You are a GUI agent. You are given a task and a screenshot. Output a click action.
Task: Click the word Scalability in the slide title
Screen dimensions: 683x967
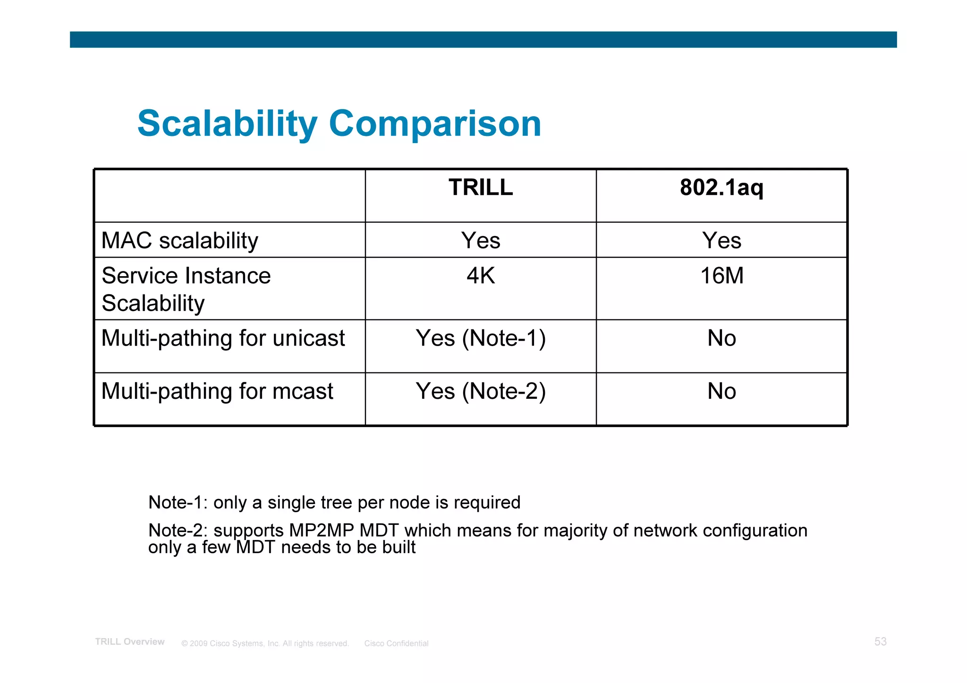pos(227,124)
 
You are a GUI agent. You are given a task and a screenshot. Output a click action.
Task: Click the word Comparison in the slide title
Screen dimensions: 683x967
pos(434,124)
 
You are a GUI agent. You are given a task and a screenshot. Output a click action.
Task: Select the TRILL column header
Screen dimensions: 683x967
pos(481,188)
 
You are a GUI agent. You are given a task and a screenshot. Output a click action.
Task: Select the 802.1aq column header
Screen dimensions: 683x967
pos(721,188)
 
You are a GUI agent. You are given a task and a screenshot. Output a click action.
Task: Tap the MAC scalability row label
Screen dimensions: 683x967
pos(180,241)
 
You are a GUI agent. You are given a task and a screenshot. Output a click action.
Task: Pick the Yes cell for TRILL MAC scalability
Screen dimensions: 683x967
pos(481,241)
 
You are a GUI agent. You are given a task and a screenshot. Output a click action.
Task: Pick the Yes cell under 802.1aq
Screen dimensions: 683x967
pos(721,241)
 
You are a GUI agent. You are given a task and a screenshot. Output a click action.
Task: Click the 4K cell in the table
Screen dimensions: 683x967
pos(481,276)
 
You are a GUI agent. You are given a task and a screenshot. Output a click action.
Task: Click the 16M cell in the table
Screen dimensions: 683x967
pos(721,276)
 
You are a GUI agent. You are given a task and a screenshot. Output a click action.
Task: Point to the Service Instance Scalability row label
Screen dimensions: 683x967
pos(186,289)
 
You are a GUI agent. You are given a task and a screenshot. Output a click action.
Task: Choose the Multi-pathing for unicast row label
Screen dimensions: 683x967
pos(223,338)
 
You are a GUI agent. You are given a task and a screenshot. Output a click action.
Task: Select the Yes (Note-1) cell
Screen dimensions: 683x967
pos(481,338)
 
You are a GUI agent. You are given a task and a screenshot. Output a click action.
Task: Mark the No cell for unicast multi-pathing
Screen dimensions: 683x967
pos(721,338)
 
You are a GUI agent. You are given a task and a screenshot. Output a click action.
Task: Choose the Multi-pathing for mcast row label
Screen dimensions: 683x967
pos(217,391)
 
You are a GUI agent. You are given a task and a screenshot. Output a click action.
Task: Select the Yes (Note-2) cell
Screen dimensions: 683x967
pos(481,391)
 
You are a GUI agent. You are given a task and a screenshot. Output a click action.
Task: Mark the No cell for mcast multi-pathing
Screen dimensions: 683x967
pos(721,391)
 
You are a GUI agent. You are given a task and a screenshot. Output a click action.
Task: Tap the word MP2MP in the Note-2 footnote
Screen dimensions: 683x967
pos(321,531)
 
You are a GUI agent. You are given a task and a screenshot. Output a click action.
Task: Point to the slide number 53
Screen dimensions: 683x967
pos(880,642)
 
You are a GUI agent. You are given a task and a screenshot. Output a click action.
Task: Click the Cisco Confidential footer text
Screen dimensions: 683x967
pos(396,643)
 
